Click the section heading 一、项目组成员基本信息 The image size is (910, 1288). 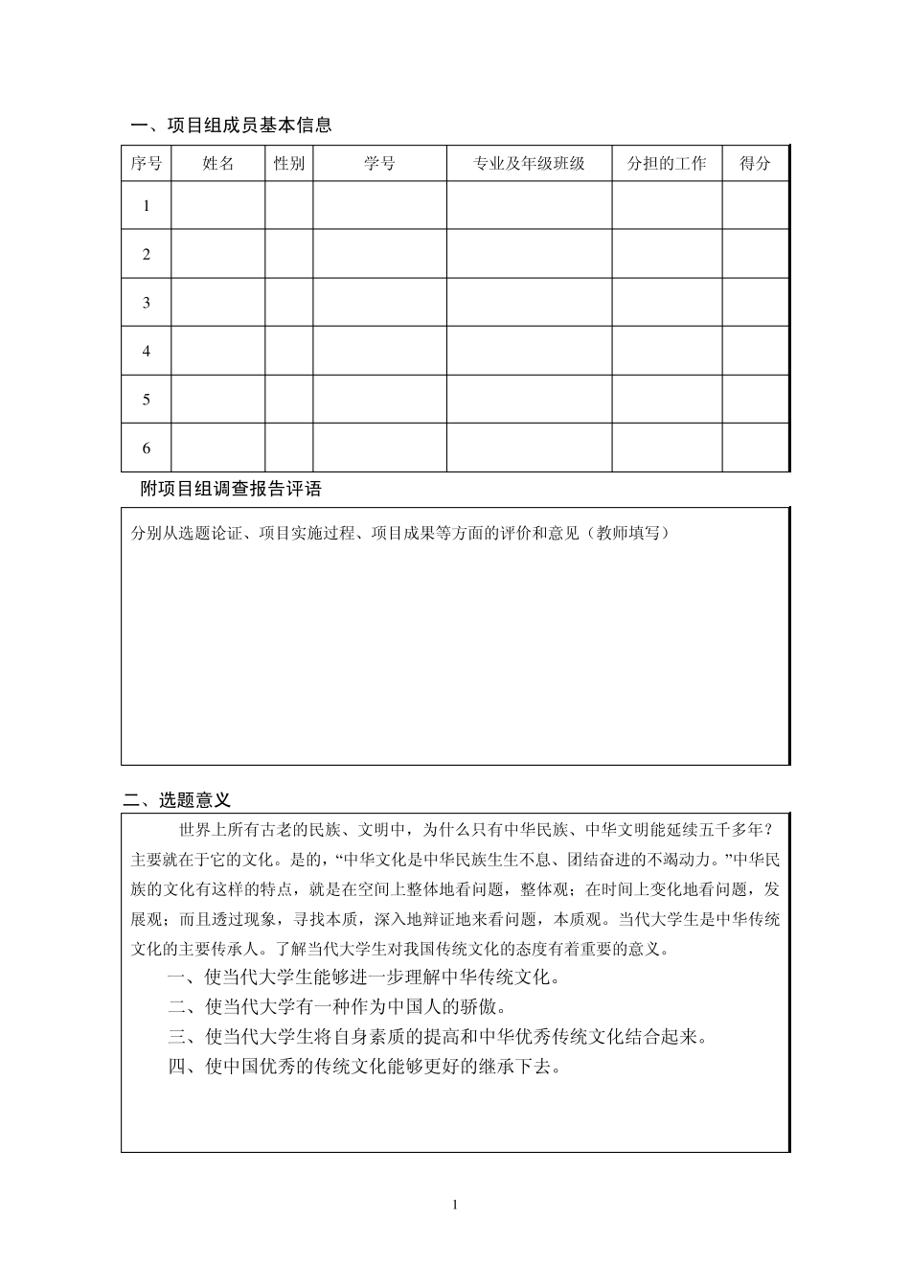231,125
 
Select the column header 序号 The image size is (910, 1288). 146,164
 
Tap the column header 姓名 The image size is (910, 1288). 217,164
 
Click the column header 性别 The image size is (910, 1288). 288,164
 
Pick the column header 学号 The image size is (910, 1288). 379,164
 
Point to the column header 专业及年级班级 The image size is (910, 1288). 529,164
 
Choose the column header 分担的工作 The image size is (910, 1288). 667,164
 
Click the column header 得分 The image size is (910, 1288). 755,164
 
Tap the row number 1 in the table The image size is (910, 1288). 147,206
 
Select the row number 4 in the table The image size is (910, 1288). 147,351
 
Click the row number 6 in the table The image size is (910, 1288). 147,448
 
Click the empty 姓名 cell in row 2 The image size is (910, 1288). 217,254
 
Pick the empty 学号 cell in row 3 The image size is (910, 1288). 379,303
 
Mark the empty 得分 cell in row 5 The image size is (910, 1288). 755,400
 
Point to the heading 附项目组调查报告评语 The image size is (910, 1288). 231,489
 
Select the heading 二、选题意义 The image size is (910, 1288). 178,800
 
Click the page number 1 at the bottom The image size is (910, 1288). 455,1205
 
